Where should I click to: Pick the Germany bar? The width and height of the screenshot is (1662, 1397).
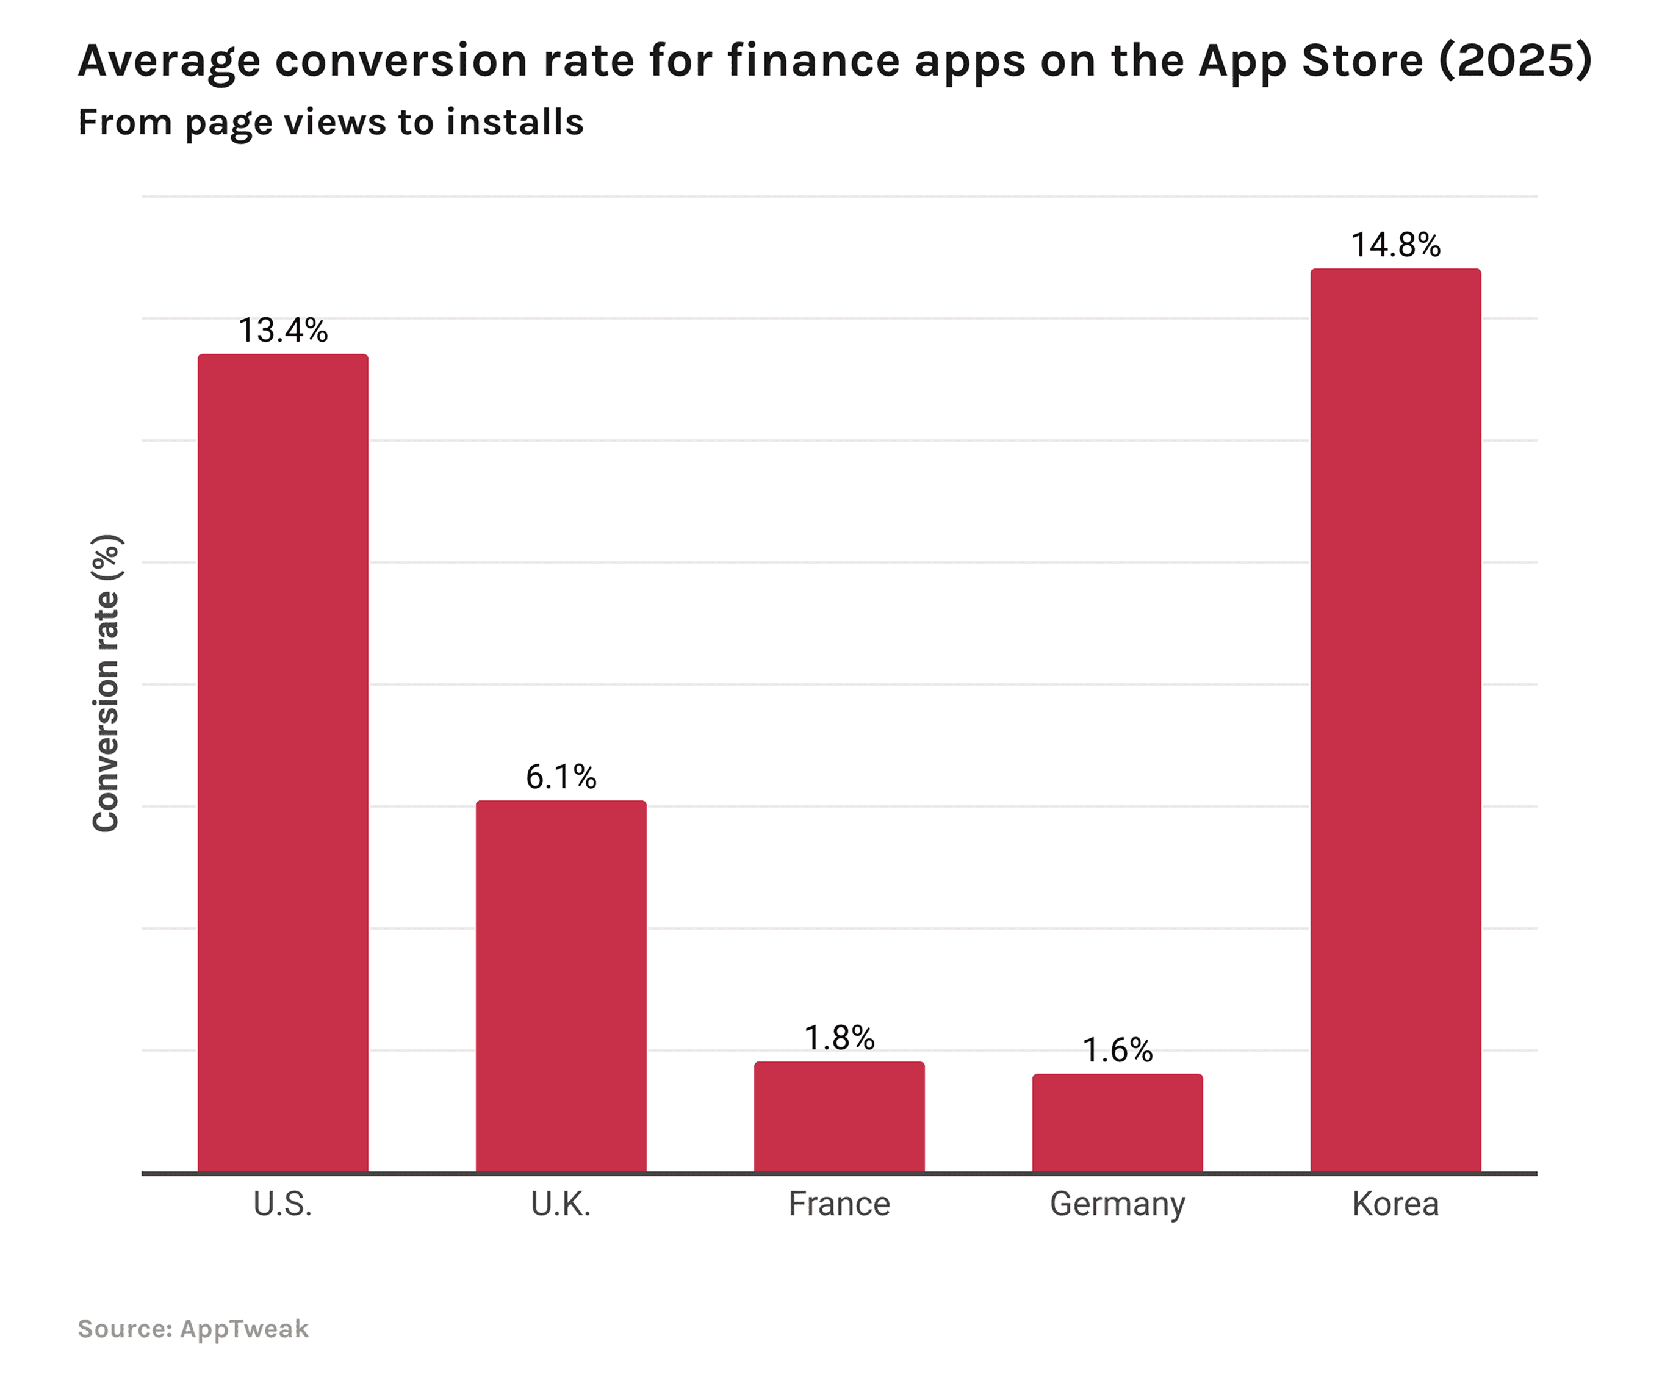pos(1117,1123)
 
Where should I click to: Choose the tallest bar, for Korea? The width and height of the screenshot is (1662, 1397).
pos(1395,720)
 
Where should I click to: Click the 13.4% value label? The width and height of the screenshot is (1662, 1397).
pos(283,330)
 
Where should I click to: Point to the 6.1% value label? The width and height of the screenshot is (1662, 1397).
pos(561,777)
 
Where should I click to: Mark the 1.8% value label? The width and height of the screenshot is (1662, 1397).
pos(839,1038)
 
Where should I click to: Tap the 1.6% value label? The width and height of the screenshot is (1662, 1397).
pos(1117,1050)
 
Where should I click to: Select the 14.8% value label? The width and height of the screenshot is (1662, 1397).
pos(1395,245)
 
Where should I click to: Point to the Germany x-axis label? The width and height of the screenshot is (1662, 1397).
pos(1117,1205)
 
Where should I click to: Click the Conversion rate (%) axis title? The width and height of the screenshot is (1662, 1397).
pos(106,683)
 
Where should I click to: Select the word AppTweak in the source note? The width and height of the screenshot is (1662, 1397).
pos(244,1329)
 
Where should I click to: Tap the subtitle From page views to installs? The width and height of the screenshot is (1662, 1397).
pos(330,123)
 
